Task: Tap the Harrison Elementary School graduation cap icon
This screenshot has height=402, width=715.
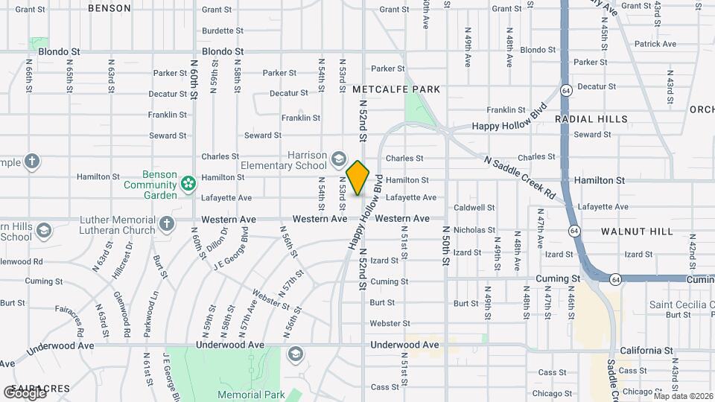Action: tap(339, 158)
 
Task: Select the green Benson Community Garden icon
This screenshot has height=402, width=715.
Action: tap(188, 181)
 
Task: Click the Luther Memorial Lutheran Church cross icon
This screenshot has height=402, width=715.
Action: tap(167, 223)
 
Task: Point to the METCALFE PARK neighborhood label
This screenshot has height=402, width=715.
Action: tap(396, 89)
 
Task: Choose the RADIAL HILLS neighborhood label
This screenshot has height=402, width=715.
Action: tap(601, 119)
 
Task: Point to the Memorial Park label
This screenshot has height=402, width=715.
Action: tap(241, 395)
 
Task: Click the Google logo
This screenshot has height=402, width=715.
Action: tap(25, 392)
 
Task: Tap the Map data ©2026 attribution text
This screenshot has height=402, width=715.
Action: tap(683, 396)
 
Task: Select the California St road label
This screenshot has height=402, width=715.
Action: tap(646, 351)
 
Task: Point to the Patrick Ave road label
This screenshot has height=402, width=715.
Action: tap(655, 44)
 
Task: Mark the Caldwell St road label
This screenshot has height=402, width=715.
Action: tap(474, 208)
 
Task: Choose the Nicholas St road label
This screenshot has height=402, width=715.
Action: tap(474, 230)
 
